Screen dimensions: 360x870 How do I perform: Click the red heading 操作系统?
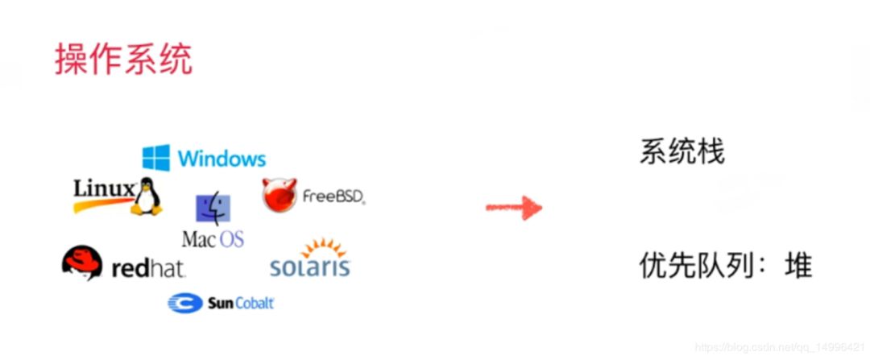pos(124,60)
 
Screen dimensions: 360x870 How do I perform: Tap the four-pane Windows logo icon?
pos(155,158)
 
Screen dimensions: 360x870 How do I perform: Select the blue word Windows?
pos(222,158)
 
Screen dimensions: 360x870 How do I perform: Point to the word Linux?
pos(104,189)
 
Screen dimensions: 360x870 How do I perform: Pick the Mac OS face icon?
pos(213,209)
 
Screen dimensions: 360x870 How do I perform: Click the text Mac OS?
pos(213,239)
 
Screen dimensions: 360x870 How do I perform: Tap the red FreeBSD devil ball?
pos(279,195)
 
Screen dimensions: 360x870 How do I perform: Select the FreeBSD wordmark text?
pos(333,196)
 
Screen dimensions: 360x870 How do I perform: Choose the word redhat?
pos(148,269)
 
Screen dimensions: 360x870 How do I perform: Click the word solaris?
pos(310,267)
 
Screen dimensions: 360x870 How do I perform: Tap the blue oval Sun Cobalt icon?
pos(184,304)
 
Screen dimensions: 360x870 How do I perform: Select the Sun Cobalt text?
pos(241,304)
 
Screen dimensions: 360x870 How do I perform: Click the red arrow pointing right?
pos(513,208)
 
